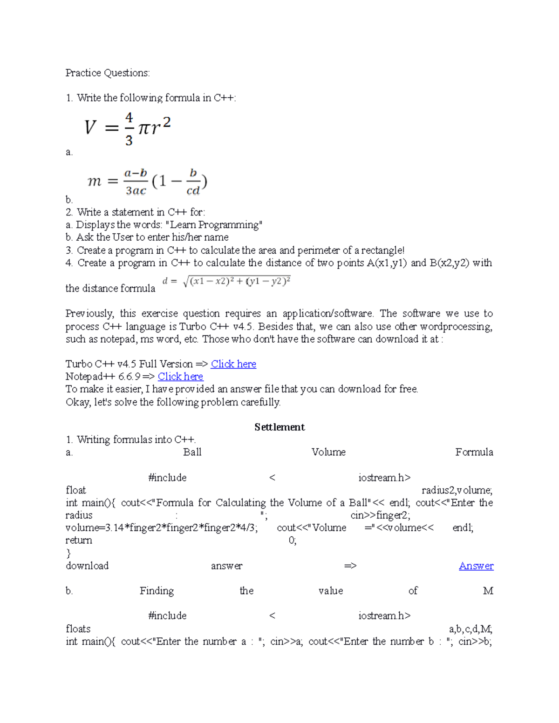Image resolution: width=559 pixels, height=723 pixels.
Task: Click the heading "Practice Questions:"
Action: click(108, 73)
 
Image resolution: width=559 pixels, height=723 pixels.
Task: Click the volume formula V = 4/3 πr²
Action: click(127, 128)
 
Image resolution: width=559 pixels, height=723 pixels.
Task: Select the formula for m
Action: click(147, 182)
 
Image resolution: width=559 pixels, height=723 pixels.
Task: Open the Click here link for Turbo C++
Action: click(233, 364)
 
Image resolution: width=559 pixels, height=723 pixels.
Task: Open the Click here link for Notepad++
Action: click(180, 377)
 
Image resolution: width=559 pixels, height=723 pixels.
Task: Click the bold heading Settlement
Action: click(279, 427)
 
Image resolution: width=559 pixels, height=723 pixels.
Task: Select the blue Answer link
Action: click(476, 566)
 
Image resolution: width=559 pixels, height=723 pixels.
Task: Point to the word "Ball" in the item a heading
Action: click(192, 452)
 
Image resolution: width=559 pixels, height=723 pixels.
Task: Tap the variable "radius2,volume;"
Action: click(457, 490)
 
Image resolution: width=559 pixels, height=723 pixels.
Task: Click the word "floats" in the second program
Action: click(78, 629)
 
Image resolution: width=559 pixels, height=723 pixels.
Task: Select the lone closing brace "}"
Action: click(68, 553)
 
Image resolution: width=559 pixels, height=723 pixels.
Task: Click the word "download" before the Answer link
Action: click(87, 566)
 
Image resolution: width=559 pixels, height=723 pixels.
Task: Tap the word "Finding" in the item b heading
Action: click(157, 591)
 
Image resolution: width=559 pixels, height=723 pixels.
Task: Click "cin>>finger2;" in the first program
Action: click(380, 515)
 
